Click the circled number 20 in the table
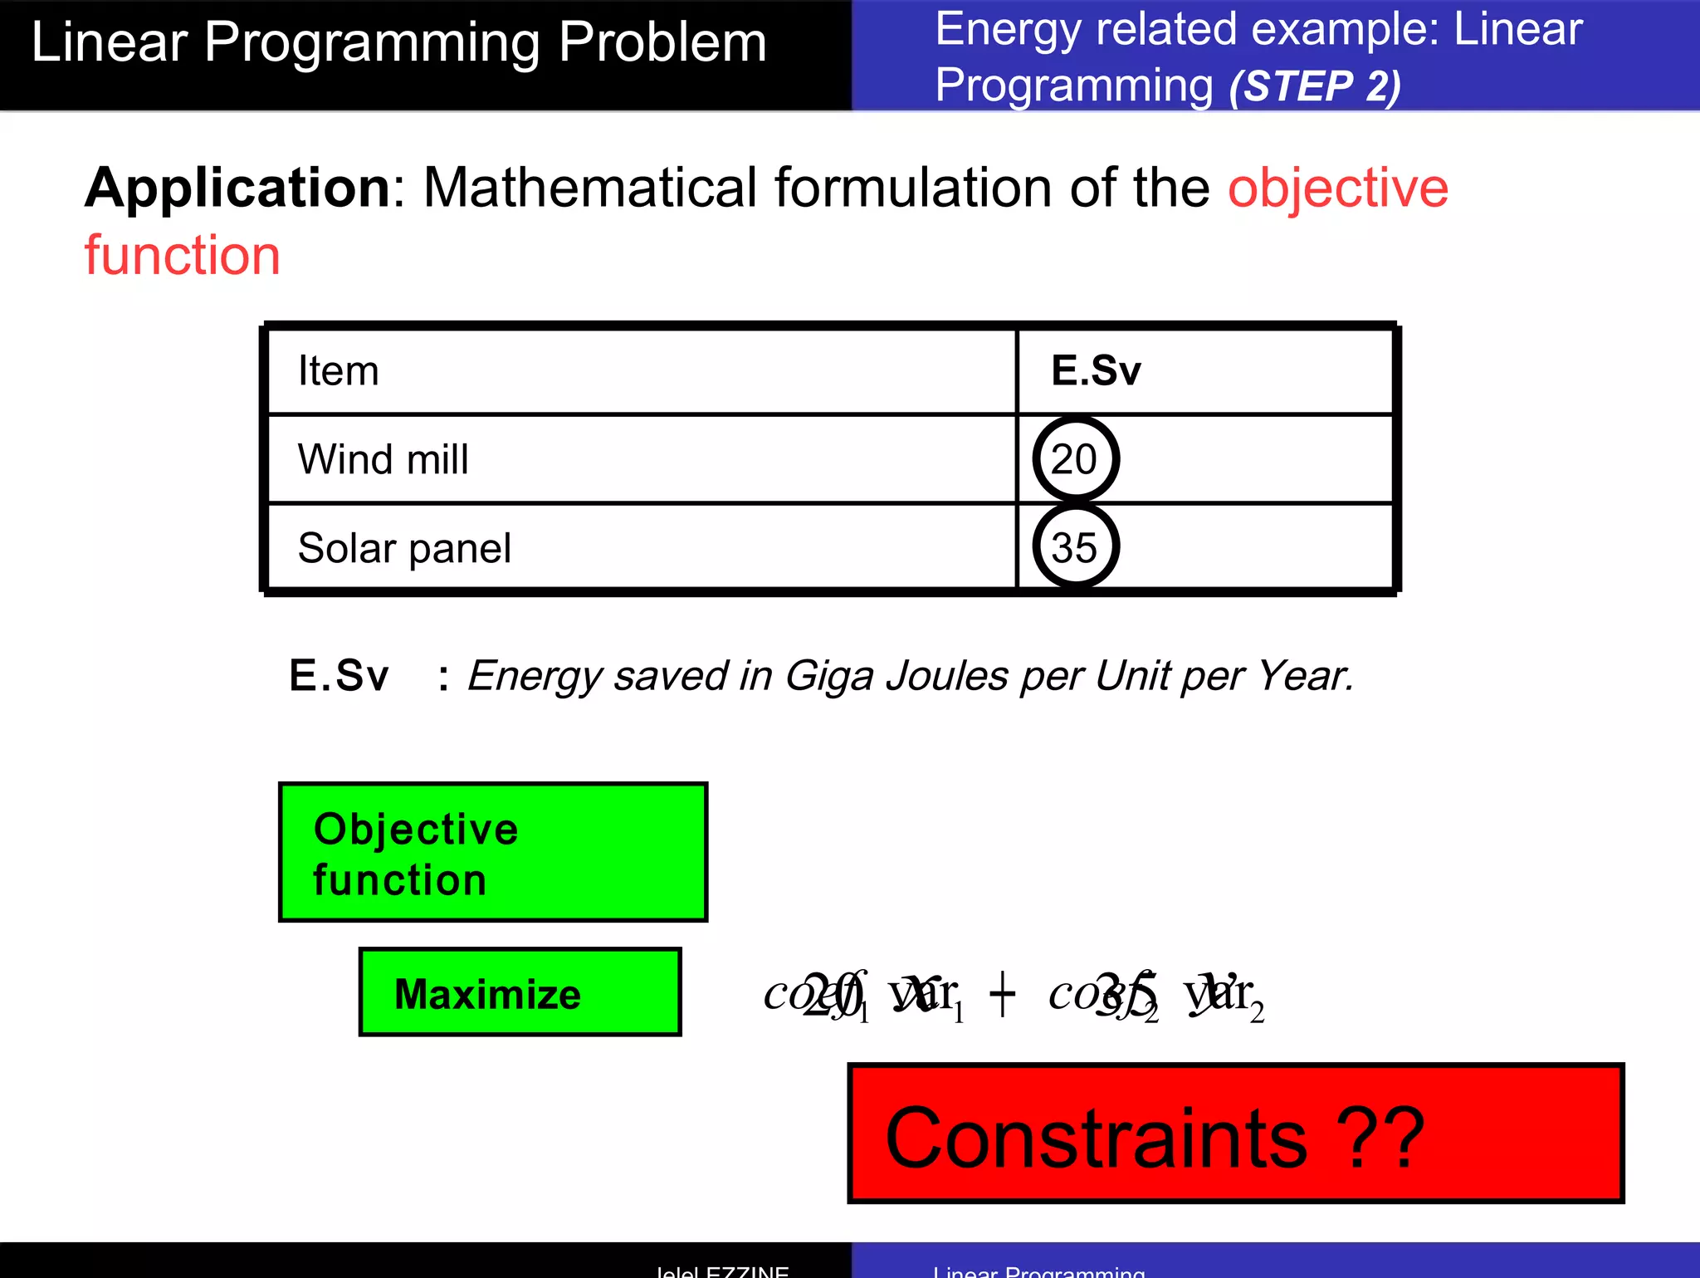pyautogui.click(x=1075, y=459)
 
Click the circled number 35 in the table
pyautogui.click(x=1075, y=548)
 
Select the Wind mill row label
pyautogui.click(x=383, y=459)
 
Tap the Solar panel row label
pyautogui.click(x=404, y=548)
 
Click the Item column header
pyautogui.click(x=338, y=370)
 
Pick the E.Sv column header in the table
pyautogui.click(x=1096, y=370)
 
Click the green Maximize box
pyautogui.click(x=520, y=992)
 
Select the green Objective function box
pyautogui.click(x=492, y=852)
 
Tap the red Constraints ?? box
pyautogui.click(x=1235, y=1134)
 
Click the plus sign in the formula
pyautogui.click(x=1002, y=994)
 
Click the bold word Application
pyautogui.click(x=237, y=189)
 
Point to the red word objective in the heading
pyautogui.click(x=1337, y=189)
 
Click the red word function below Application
pyautogui.click(x=182, y=255)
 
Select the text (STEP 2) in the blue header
pyautogui.click(x=1314, y=86)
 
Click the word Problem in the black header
pyautogui.click(x=662, y=42)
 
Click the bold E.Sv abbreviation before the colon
pyautogui.click(x=338, y=675)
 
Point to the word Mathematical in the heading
pyautogui.click(x=592, y=189)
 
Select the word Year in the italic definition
pyautogui.click(x=1302, y=675)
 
